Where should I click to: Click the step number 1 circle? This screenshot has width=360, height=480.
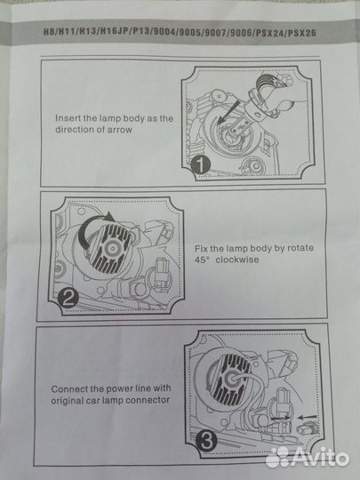click(201, 165)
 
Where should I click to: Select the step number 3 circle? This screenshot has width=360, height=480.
click(206, 441)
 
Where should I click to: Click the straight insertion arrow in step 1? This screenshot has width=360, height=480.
click(228, 113)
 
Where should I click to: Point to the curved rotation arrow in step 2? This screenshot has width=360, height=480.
click(89, 227)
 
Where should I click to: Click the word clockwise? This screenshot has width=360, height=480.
click(237, 260)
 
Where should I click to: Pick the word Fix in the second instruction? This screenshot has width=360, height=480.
click(201, 248)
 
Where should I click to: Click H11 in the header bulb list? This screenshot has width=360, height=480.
click(67, 32)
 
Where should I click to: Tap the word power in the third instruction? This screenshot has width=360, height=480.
click(118, 389)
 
